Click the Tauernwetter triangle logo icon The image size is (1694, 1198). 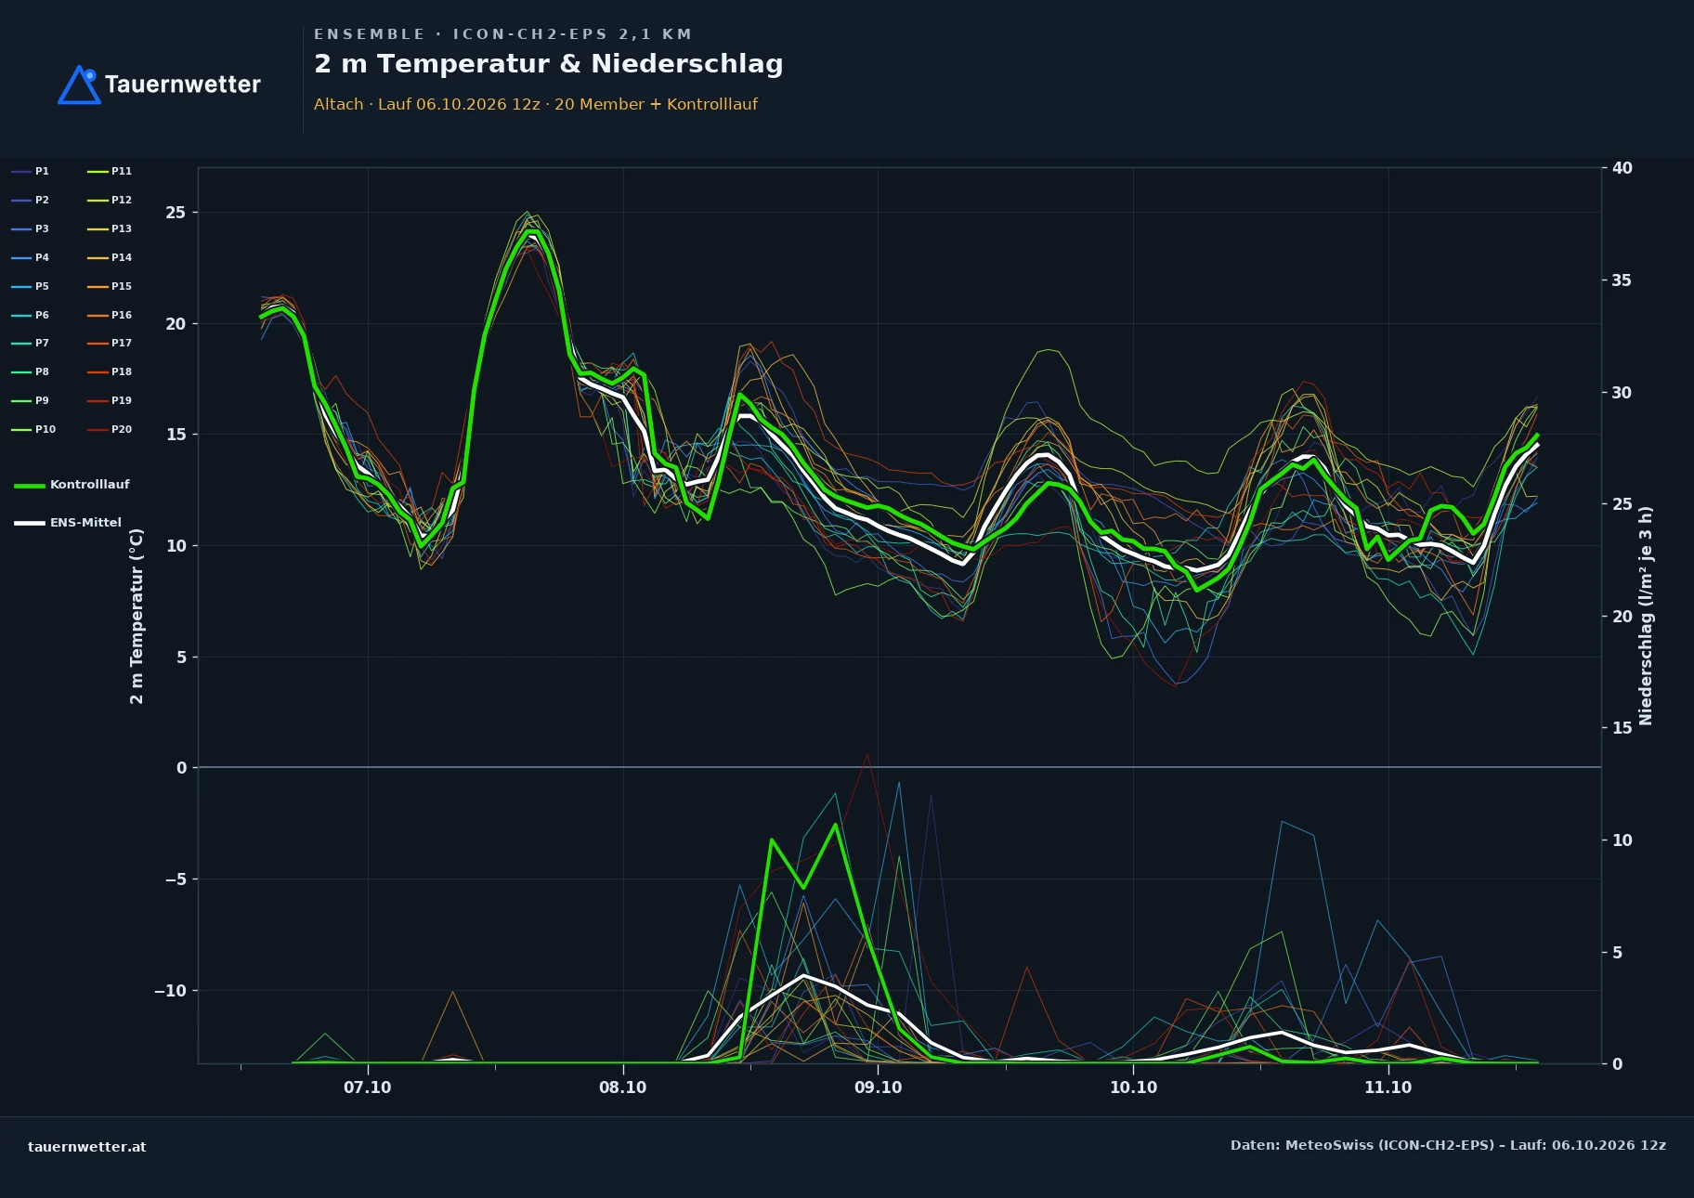79,85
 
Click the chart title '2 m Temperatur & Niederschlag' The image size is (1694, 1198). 548,64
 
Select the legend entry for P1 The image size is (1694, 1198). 30,171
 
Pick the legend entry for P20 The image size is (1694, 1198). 110,429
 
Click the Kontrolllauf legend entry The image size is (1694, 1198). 72,485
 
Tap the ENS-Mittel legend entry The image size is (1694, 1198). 68,523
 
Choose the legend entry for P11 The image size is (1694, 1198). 110,171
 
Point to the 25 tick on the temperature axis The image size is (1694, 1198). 176,213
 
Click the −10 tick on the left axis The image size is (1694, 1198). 170,991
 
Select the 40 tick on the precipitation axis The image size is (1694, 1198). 1622,168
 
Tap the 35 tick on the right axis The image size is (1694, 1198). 1622,280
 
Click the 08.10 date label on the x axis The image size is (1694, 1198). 622,1087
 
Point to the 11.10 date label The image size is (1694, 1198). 1388,1087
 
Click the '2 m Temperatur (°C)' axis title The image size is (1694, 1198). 137,616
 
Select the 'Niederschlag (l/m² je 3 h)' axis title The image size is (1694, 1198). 1646,616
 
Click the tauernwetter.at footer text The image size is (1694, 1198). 86,1147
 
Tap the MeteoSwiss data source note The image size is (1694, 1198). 1448,1145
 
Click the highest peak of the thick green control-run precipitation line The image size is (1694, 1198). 836,825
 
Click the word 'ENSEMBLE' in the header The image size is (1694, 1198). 370,34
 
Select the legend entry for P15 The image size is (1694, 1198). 110,286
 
